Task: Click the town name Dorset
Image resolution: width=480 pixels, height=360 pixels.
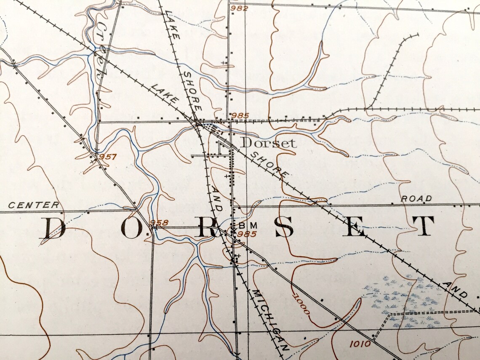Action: pos(268,143)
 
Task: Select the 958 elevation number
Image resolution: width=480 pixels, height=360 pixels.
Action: pos(159,223)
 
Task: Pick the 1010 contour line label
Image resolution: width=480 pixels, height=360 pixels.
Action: pos(360,344)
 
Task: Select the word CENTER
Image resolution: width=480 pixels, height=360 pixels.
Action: pos(34,205)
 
